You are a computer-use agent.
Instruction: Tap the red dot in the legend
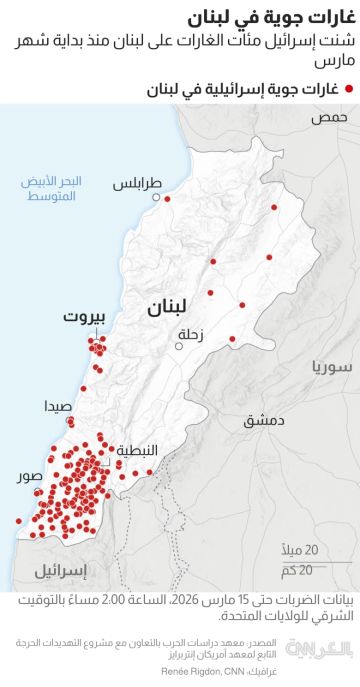pos(349,90)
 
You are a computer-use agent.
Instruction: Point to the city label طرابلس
pos(135,185)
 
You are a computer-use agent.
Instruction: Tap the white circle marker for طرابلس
pos(156,198)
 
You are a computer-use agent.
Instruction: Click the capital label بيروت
pos(85,319)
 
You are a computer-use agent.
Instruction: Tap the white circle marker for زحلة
pos(179,346)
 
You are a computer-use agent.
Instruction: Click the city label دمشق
pos(264,393)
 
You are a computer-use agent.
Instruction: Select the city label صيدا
pos(57,407)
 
